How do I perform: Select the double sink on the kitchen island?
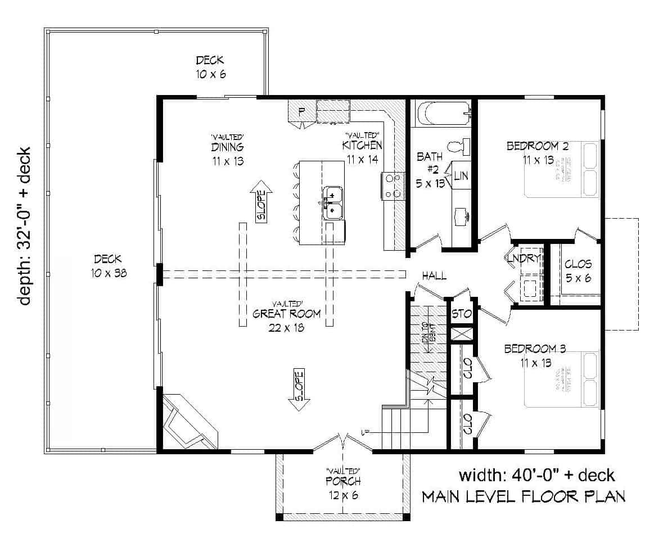click(333, 202)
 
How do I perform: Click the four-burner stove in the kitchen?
click(393, 186)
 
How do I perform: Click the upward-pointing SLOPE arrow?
click(261, 202)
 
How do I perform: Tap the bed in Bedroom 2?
click(562, 169)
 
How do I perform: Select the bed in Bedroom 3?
click(562, 379)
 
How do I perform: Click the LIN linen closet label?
click(461, 176)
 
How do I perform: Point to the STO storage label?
click(461, 314)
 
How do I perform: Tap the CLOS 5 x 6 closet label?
click(578, 270)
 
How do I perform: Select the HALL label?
click(435, 275)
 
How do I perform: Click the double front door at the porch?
click(342, 442)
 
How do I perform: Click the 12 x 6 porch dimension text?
click(342, 495)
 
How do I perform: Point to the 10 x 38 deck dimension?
click(108, 274)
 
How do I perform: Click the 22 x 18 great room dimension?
click(286, 328)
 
